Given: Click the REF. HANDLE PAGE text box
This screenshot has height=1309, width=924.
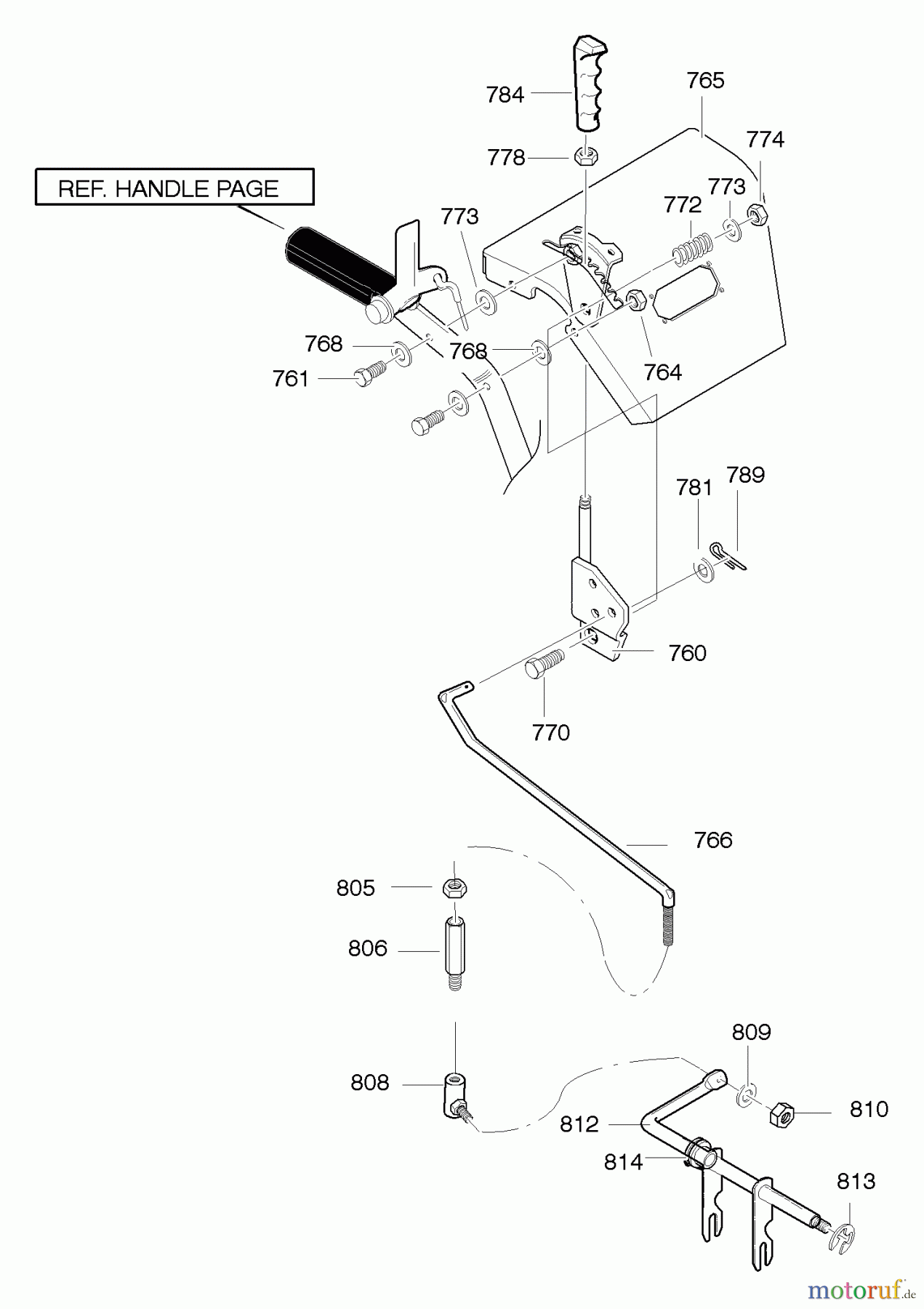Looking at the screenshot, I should click(174, 188).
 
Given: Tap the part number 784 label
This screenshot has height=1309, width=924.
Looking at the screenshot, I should click(505, 95).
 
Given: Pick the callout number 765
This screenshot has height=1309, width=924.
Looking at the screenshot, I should click(705, 81).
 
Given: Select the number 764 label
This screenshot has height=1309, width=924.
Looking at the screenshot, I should click(662, 372).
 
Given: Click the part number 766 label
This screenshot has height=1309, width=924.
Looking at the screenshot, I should click(712, 841).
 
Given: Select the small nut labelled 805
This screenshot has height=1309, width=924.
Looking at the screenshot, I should click(454, 887).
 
